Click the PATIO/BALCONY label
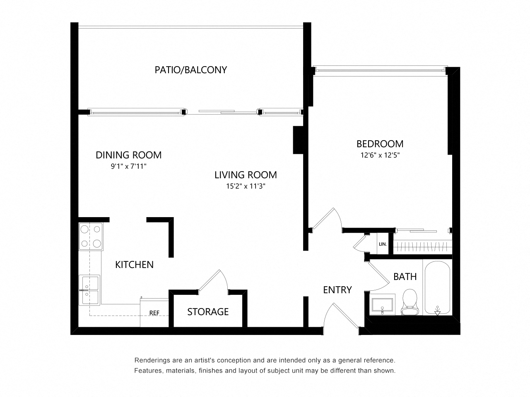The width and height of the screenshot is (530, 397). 191,69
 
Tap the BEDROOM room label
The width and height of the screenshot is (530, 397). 380,144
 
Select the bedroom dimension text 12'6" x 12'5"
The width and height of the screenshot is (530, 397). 380,156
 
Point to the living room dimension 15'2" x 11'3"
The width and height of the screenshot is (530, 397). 246,186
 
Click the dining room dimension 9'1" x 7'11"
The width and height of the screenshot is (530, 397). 128,166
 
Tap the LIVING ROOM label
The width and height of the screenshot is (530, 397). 246,175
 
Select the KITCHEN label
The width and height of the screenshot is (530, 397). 134,265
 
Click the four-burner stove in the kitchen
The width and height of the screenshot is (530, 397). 91,237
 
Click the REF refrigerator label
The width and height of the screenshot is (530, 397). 154,313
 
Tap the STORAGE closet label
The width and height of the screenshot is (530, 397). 208,312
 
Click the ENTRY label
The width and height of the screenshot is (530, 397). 337,290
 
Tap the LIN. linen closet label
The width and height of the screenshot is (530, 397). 383,244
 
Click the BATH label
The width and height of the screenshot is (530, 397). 405,277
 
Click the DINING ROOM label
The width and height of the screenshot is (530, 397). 128,155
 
